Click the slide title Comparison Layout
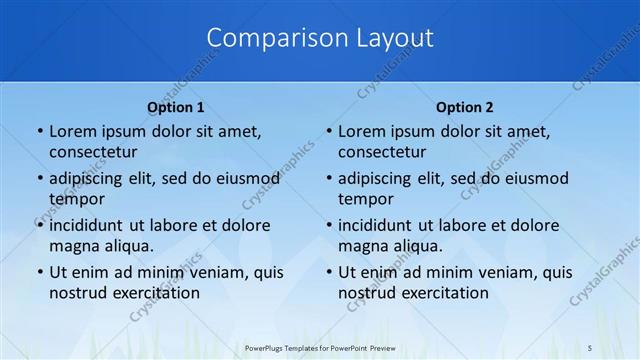click(x=320, y=38)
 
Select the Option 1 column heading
click(x=176, y=107)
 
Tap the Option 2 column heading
click(x=465, y=107)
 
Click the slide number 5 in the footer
click(x=591, y=346)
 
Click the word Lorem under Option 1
click(x=71, y=131)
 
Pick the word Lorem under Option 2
click(x=360, y=131)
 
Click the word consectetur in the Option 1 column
click(x=93, y=152)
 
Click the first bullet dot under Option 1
click(x=39, y=132)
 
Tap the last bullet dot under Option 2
click(x=328, y=273)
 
